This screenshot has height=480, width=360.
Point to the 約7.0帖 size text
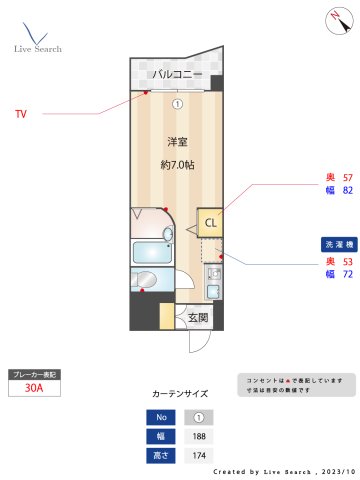click(177, 163)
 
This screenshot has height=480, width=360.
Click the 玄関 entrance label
click(197, 318)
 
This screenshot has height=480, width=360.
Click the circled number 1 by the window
click(177, 102)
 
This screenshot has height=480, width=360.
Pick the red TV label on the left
click(20, 114)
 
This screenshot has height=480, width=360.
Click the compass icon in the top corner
click(334, 19)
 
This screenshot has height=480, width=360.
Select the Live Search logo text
click(37, 48)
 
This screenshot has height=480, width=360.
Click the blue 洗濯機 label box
click(334, 244)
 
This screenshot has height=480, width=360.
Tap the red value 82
click(347, 189)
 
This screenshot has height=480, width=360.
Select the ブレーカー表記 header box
click(34, 374)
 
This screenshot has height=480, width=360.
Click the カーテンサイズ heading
click(180, 393)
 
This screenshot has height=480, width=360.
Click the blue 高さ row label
click(158, 456)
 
